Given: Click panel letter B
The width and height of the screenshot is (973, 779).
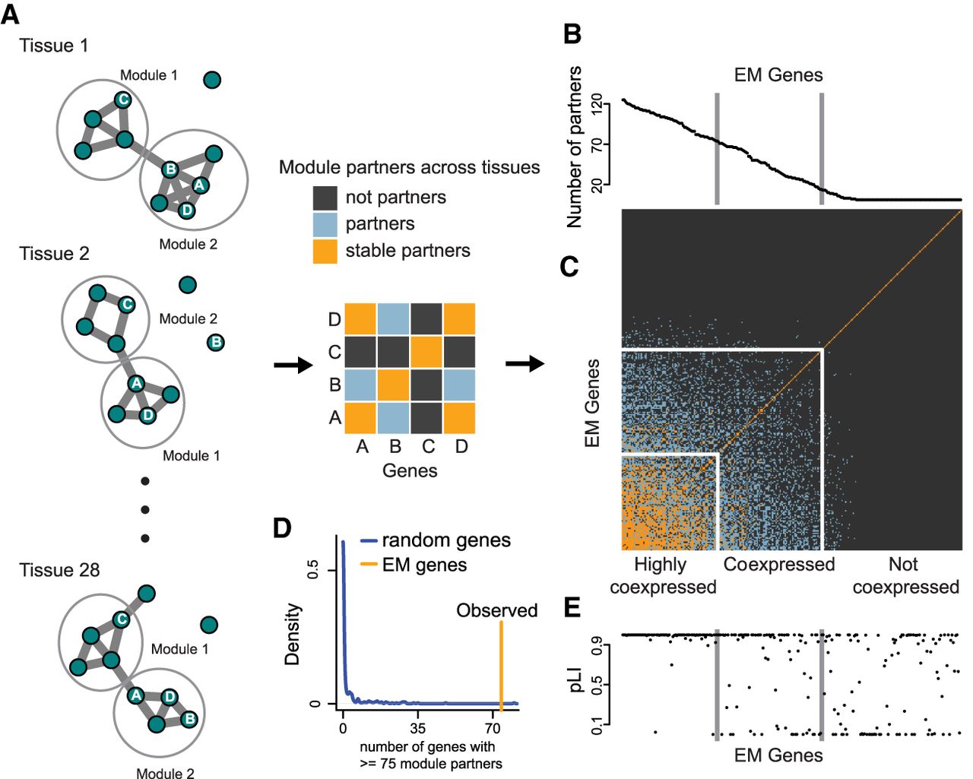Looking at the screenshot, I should [572, 34].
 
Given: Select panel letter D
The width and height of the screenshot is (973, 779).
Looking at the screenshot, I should [282, 527].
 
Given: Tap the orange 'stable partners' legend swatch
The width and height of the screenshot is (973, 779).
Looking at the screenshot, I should [325, 251].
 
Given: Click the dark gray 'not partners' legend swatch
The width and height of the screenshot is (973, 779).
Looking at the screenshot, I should [325, 198].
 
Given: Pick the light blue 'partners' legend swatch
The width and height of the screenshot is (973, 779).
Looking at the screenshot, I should [325, 224].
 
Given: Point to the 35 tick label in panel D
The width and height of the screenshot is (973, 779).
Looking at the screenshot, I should [418, 727].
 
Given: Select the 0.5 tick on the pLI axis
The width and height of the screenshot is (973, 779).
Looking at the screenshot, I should [597, 686].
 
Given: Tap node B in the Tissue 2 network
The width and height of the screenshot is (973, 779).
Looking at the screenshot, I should [216, 342].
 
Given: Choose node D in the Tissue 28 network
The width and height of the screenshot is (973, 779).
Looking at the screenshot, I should [170, 697].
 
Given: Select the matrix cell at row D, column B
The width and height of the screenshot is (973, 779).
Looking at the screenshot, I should [394, 318].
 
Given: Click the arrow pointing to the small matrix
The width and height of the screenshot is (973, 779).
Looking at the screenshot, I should [293, 366].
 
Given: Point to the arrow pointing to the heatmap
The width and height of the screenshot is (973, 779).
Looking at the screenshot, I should [525, 364].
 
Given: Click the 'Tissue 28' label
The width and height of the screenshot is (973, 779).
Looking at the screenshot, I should [59, 570].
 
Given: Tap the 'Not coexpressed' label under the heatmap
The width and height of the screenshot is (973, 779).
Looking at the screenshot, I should [905, 575].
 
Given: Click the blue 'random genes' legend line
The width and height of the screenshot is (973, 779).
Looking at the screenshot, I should [369, 541].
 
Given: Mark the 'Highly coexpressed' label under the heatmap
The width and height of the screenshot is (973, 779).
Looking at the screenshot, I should [662, 575].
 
